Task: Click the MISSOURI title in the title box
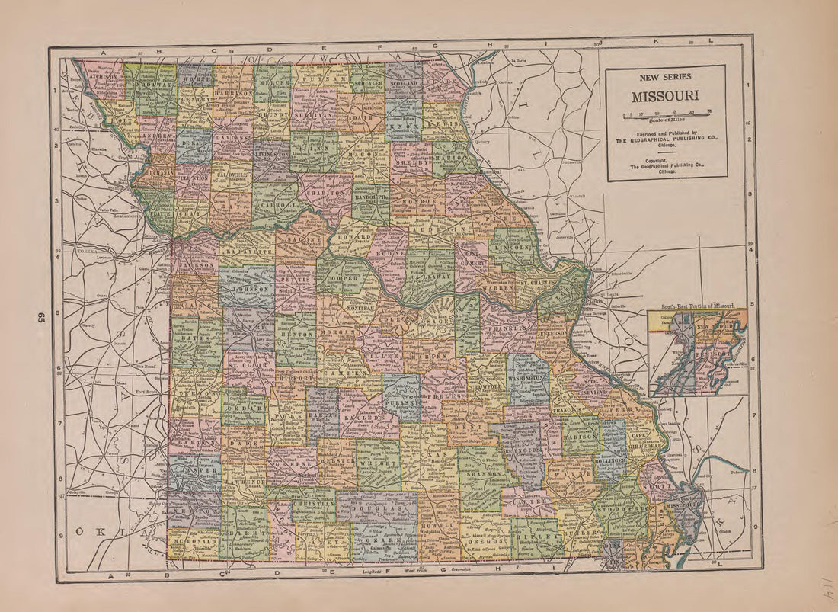(x=667, y=98)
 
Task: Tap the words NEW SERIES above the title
(x=667, y=77)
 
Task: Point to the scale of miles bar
(x=667, y=114)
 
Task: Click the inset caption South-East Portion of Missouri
(x=697, y=306)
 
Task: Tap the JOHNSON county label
(x=248, y=290)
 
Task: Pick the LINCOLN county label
(x=511, y=248)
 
